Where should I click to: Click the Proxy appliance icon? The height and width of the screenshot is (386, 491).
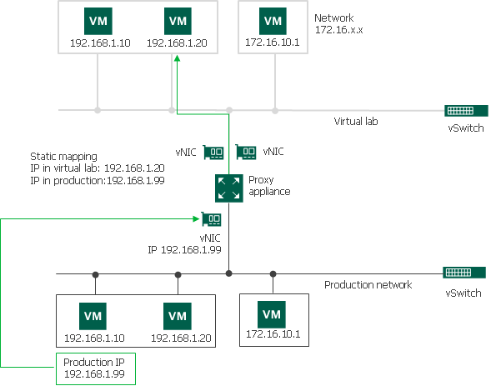tap(228, 187)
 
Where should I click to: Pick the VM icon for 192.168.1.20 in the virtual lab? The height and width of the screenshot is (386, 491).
tap(177, 20)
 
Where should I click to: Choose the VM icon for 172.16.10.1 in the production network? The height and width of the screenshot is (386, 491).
tap(271, 315)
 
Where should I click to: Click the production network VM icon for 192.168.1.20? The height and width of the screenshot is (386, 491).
tap(177, 315)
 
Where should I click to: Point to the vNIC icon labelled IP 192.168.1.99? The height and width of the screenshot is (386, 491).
tap(213, 219)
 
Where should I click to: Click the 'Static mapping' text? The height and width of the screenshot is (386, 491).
tap(63, 156)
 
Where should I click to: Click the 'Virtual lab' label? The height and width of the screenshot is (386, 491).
tap(356, 121)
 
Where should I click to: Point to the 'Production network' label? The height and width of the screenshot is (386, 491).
tap(368, 285)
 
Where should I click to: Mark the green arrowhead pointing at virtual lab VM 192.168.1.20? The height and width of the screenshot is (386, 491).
tap(177, 59)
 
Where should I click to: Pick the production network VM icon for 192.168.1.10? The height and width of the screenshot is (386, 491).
tap(93, 315)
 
